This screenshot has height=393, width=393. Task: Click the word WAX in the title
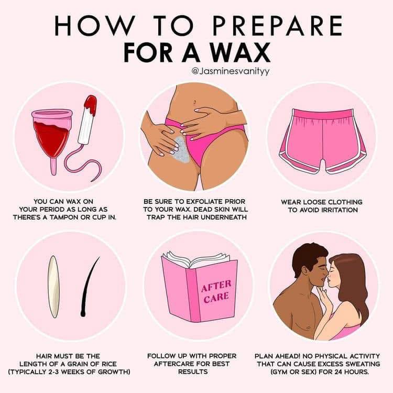pos(239,52)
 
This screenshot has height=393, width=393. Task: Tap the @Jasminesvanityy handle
pos(231,71)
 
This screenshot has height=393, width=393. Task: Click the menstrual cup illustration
pos(52,139)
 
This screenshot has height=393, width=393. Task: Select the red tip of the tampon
pos(91,106)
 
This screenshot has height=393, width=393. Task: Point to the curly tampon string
pos(83,163)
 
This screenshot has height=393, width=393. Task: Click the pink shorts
pos(323,141)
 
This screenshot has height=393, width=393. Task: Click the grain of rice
pos(53,287)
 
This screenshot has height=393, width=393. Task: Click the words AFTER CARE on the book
pos(216,291)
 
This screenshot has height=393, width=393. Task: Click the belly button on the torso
pos(194,102)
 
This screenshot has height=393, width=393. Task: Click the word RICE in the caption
pos(108,364)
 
